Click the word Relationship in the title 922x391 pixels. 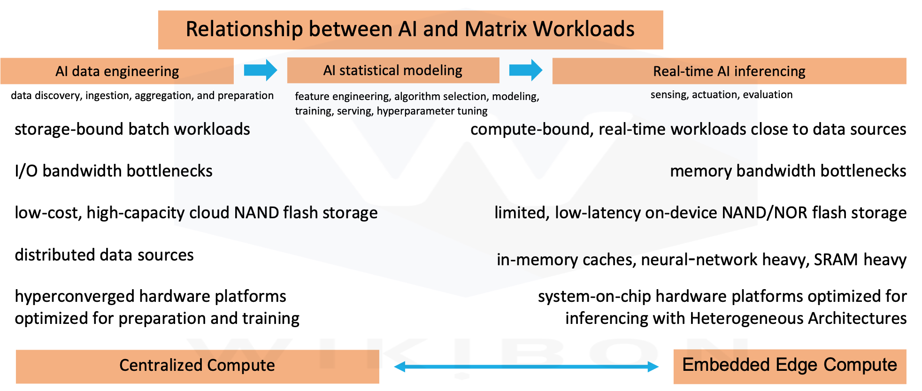(x=244, y=29)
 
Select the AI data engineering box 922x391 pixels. (x=117, y=71)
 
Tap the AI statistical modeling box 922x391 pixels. (x=392, y=70)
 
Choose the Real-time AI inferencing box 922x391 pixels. (x=729, y=71)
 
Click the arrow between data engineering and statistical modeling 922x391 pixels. (x=261, y=70)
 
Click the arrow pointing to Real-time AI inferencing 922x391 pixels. (x=526, y=70)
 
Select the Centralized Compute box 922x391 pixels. (x=197, y=366)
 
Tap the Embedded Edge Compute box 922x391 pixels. (x=789, y=366)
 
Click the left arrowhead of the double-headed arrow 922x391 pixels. (x=400, y=367)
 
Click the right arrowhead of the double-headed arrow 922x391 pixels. (x=653, y=367)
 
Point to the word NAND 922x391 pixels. (x=257, y=213)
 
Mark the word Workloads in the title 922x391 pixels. (x=584, y=29)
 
